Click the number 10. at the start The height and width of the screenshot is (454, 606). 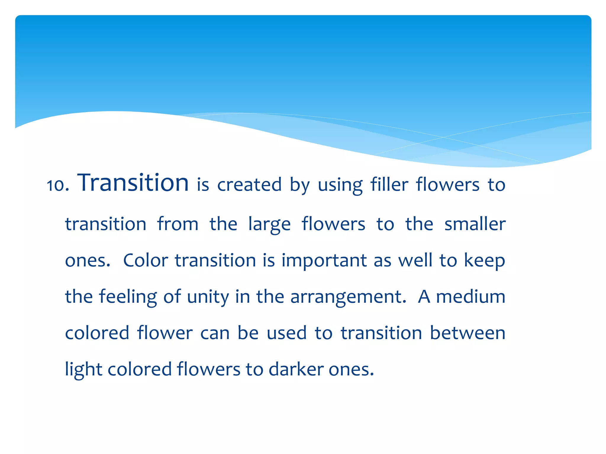click(x=58, y=185)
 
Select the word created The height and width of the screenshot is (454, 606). click(x=249, y=185)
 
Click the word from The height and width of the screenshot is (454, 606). click(x=178, y=224)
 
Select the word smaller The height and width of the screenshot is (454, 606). click(x=475, y=224)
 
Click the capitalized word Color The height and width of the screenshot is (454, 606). click(x=146, y=260)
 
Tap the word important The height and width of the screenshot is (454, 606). click(x=324, y=261)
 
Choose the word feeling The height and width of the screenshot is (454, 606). click(x=128, y=297)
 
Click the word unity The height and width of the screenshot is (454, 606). click(x=208, y=297)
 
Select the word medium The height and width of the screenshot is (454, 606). click(x=470, y=296)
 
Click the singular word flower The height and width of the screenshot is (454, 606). click(x=165, y=333)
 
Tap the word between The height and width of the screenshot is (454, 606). click(x=468, y=333)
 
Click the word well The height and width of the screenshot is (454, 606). click(x=415, y=260)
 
